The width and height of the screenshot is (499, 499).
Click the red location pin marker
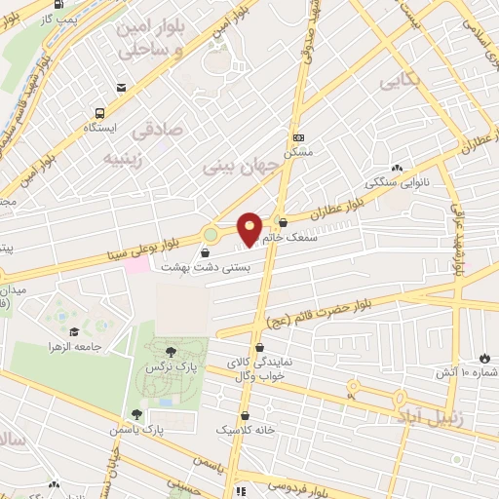point(249,228)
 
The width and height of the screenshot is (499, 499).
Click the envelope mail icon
point(120,88)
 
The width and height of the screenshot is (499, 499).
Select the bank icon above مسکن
point(298,136)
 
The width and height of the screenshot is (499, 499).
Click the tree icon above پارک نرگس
point(173,351)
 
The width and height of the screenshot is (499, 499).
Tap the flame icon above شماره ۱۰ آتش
point(484,357)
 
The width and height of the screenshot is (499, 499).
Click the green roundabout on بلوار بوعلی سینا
point(211,234)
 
